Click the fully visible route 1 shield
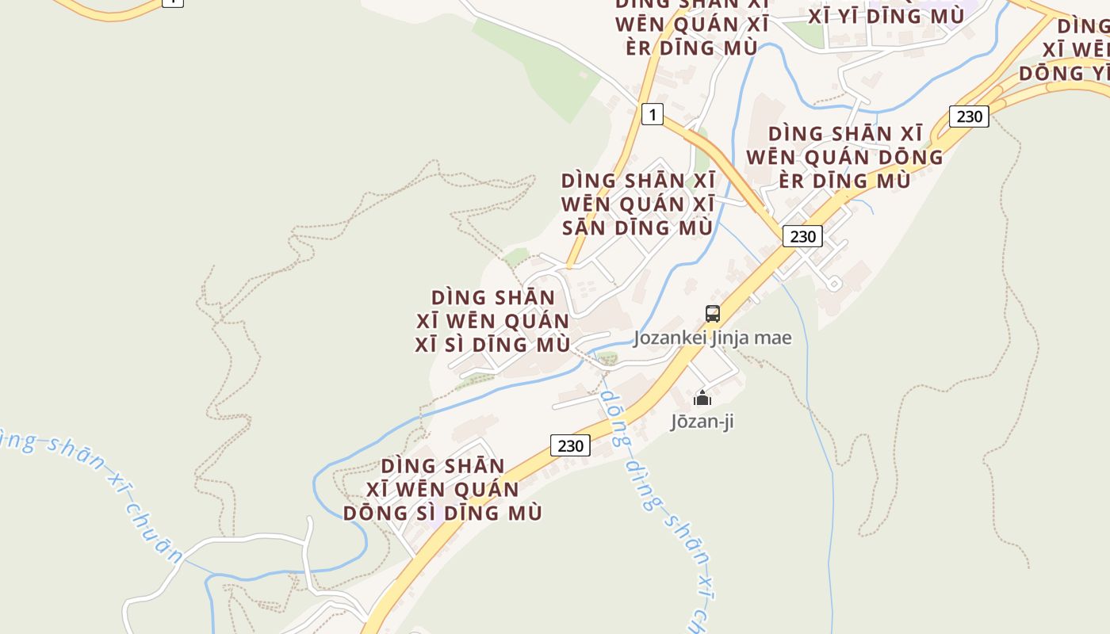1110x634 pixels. (652, 115)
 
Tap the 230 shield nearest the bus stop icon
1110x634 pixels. (802, 236)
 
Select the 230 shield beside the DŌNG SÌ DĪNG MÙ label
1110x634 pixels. (570, 445)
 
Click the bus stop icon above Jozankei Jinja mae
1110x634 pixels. (712, 314)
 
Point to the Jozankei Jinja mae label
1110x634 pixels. (712, 338)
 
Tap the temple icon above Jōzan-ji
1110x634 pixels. (702, 398)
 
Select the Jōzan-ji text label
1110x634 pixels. (702, 421)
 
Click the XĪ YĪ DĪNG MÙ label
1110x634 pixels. (886, 16)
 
